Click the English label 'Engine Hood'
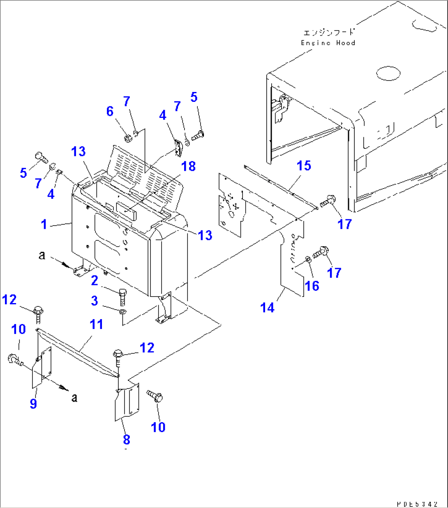328,43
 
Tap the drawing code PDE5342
417,503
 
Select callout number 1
44,224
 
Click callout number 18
189,166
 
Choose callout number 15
304,166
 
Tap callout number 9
33,403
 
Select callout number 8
126,439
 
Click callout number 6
110,111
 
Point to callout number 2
95,280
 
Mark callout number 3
95,301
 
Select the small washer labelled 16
308,259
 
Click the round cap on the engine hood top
388,74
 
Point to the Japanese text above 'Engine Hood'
328,32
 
